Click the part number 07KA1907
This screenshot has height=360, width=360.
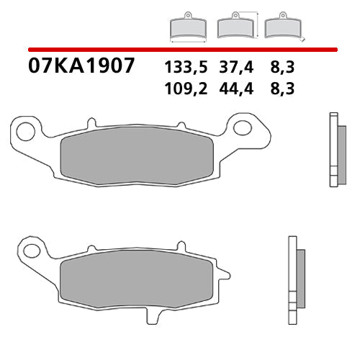click(81, 67)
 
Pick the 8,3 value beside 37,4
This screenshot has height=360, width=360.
click(281, 68)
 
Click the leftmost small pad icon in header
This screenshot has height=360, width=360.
click(188, 27)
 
